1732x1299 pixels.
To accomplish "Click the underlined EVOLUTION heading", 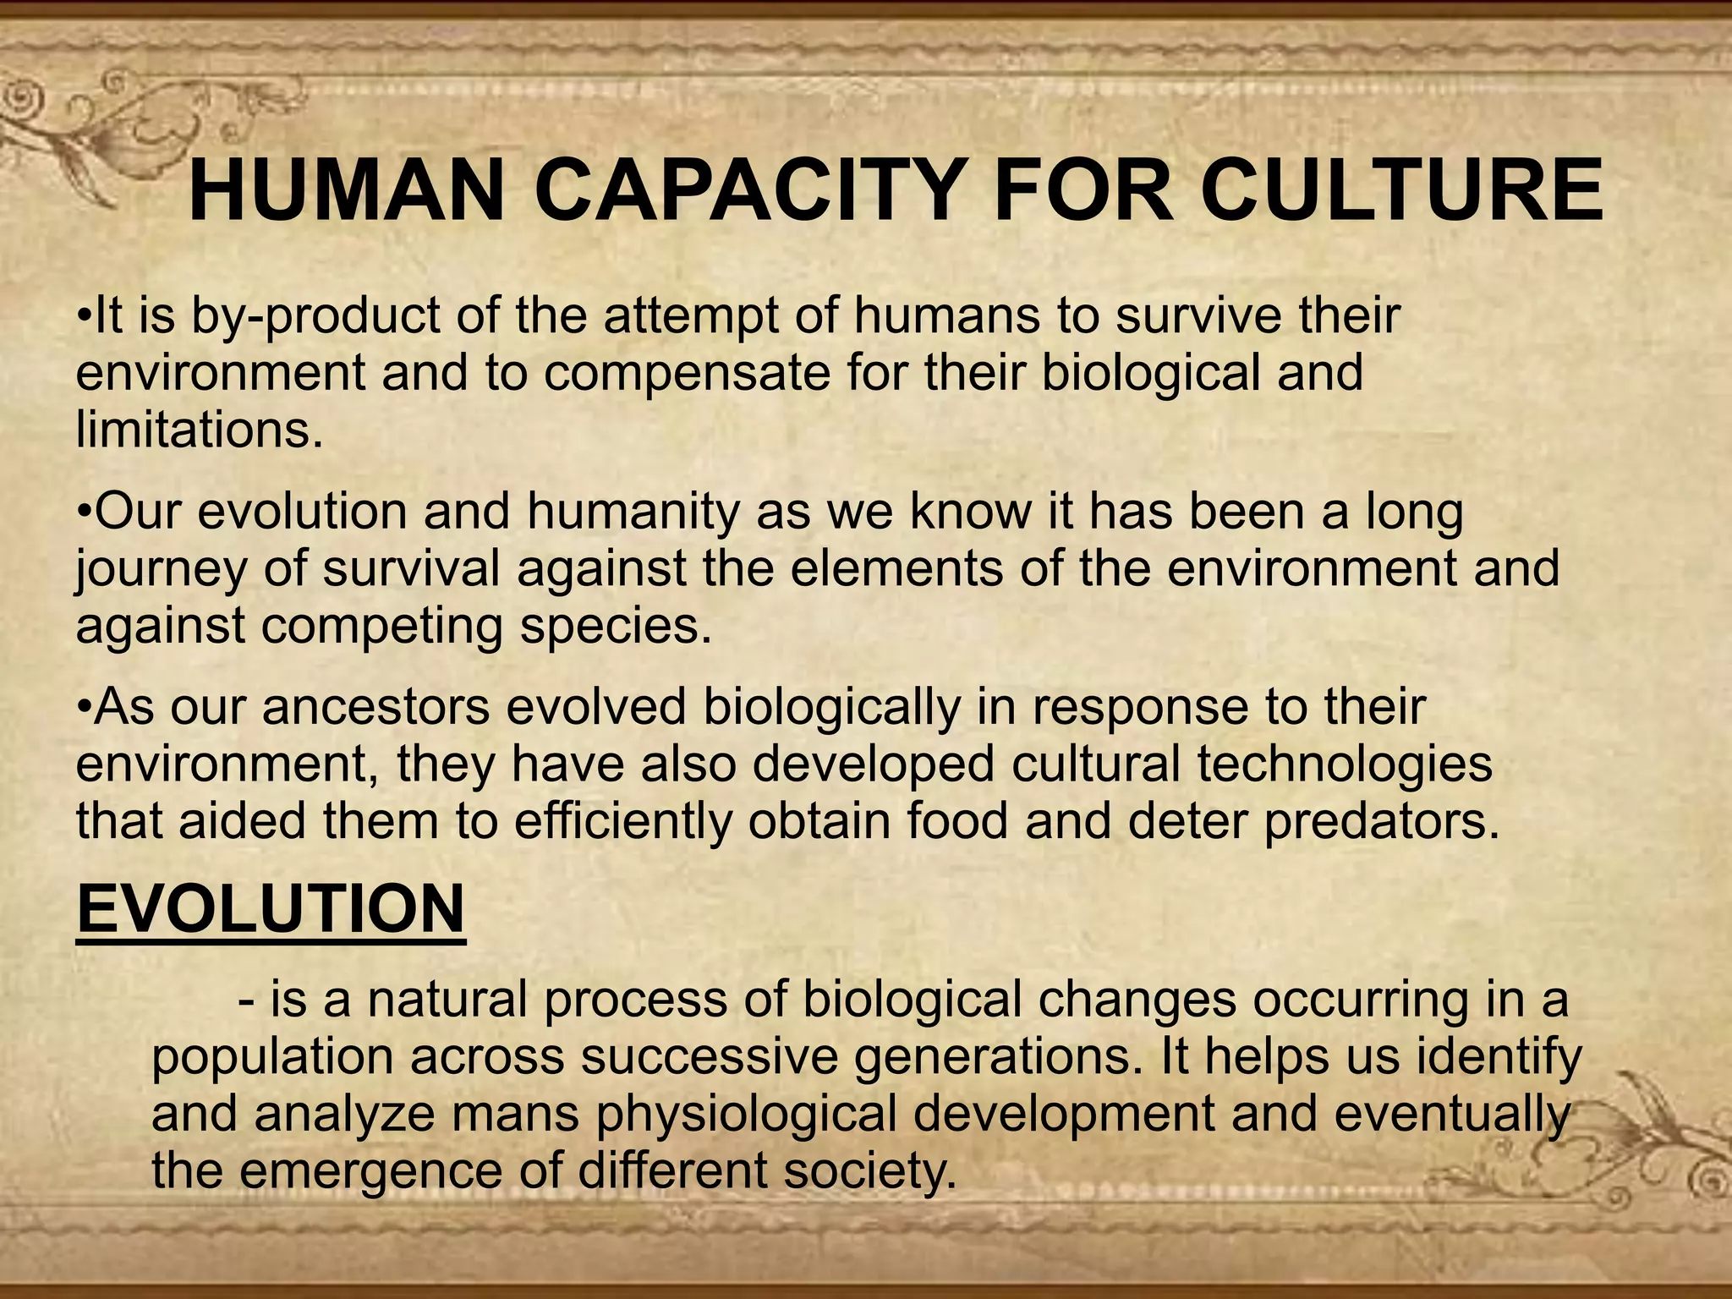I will pyautogui.click(x=271, y=909).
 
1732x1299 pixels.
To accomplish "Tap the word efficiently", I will pyautogui.click(x=622, y=822).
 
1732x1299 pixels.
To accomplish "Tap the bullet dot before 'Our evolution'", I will pyautogui.click(x=83, y=514).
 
